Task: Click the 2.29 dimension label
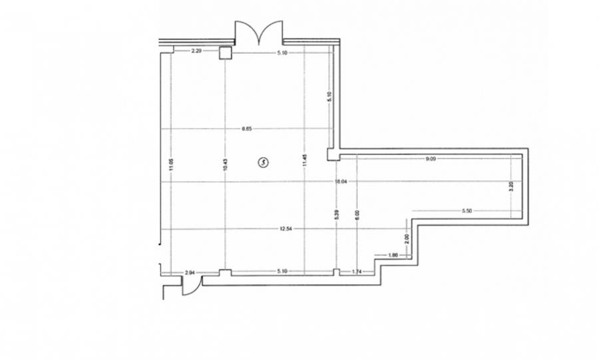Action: (x=196, y=51)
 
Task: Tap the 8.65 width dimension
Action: (x=247, y=128)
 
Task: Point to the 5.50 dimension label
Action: (x=467, y=211)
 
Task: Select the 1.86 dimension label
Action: (x=393, y=255)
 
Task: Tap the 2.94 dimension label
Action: (x=190, y=273)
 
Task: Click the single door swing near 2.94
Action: (x=190, y=287)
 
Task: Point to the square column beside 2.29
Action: (x=226, y=53)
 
